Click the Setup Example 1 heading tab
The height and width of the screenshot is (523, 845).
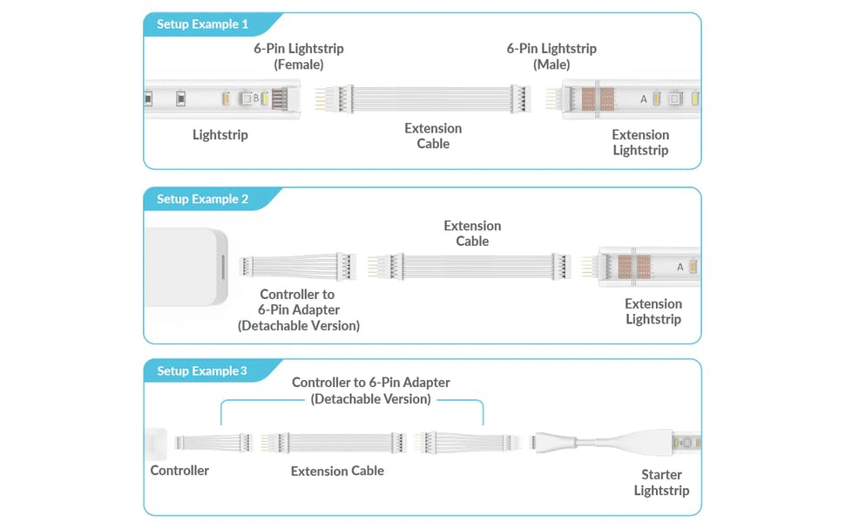coord(202,24)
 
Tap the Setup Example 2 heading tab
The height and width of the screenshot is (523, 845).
coord(202,200)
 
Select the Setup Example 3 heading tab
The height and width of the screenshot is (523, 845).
coord(201,371)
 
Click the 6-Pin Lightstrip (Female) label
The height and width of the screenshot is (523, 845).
coord(299,57)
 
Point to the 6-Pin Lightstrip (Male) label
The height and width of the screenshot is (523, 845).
coord(551,57)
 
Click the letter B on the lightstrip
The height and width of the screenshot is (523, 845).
coord(255,98)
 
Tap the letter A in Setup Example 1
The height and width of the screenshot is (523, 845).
coord(644,99)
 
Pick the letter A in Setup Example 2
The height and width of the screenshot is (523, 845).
coord(680,268)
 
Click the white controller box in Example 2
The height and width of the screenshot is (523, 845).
coord(186,267)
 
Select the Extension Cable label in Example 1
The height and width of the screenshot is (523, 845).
coord(433,136)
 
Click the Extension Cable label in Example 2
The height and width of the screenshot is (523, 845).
coord(472,234)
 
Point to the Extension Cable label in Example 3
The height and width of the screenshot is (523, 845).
coord(337,471)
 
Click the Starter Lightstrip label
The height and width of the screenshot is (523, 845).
coord(661,483)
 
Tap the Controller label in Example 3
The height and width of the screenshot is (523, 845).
coord(179,471)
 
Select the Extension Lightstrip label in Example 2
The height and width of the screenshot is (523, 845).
coord(653,311)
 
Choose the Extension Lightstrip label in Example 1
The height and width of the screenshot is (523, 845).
coord(640,142)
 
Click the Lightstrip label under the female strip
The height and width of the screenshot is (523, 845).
coord(220,135)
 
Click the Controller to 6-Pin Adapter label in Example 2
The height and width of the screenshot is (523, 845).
coord(299,309)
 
